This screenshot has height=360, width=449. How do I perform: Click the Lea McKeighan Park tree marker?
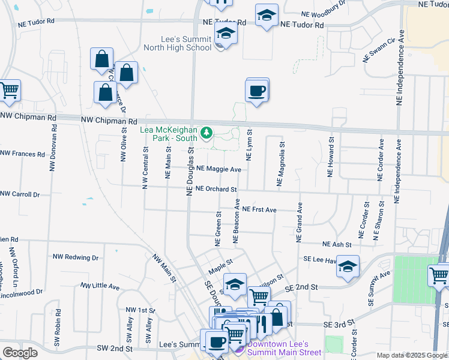click(206, 133)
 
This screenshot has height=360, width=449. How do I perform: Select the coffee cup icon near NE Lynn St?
click(257, 91)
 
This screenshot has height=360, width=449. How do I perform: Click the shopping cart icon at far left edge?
click(9, 91)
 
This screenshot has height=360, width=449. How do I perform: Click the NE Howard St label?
click(330, 156)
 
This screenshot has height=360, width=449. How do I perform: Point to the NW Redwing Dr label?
click(75, 257)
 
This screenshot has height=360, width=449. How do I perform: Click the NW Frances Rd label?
click(22, 154)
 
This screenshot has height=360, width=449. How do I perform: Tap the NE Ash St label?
click(337, 245)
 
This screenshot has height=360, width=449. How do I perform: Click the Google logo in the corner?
click(20, 353)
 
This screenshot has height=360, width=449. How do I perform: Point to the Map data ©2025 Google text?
click(411, 356)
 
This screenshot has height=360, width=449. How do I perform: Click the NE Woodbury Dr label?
click(324, 9)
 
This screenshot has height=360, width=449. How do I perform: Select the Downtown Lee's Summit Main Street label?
click(280, 348)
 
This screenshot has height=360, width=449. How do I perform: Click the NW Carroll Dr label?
click(19, 194)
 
